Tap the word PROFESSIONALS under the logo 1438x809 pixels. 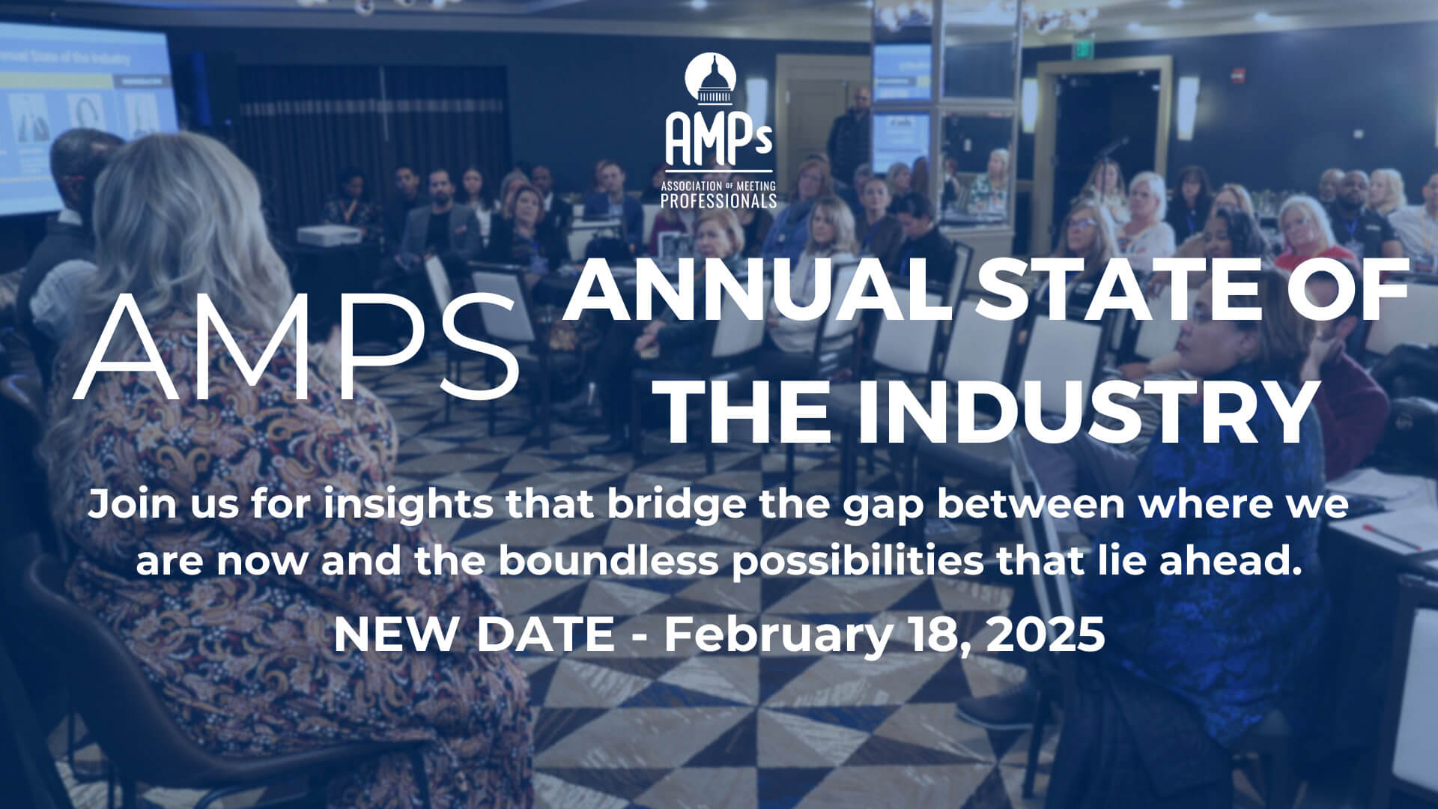(719, 200)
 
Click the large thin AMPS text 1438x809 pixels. (297, 346)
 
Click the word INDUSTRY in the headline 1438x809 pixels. (1084, 412)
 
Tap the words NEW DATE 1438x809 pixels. (473, 634)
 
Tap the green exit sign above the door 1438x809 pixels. (1082, 42)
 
